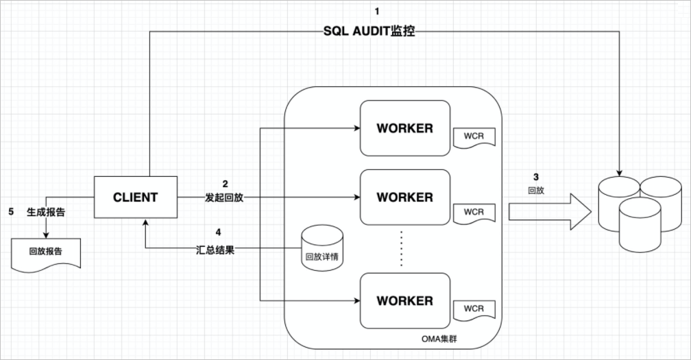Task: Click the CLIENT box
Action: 136,197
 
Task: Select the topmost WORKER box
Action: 405,128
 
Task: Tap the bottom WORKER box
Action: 405,300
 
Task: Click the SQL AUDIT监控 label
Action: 369,32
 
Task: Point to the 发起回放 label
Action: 224,197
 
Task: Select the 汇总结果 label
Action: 215,250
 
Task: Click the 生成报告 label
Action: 46,212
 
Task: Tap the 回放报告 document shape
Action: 46,254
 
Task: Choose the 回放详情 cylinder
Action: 322,248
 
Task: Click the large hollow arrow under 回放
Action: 550,212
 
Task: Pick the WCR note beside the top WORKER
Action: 474,137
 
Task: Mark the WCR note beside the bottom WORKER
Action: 474,310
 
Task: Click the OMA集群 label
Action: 439,339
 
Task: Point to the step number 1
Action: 377,12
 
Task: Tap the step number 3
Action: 536,177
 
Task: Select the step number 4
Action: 218,232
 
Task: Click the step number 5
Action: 11,212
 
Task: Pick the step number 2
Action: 225,184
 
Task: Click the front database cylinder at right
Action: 640,225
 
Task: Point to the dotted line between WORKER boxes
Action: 402,248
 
